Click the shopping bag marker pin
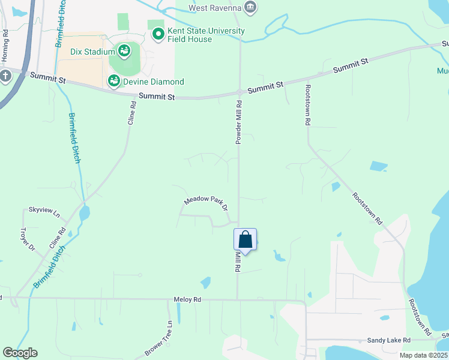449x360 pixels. tap(245, 240)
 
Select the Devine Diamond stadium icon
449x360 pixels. tap(113, 80)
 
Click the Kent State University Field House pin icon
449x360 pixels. tap(158, 34)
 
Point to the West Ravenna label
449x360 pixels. tap(214, 8)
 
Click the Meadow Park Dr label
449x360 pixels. tap(206, 203)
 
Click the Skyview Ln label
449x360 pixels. tap(44, 212)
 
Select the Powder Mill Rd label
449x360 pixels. tap(238, 122)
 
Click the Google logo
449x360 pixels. tap(20, 353)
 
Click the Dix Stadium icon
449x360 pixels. tap(124, 51)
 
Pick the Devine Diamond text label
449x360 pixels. tap(154, 82)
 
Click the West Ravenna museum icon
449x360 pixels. tap(250, 7)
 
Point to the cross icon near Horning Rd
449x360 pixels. tap(5, 76)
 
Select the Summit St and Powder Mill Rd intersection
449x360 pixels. tap(240, 92)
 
